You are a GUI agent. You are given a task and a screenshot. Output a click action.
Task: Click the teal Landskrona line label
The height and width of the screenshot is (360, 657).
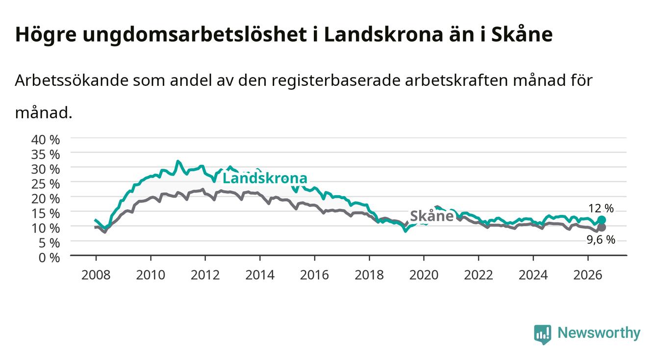coord(265,178)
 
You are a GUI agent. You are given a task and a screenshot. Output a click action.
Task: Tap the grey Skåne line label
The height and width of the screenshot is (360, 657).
coord(431,216)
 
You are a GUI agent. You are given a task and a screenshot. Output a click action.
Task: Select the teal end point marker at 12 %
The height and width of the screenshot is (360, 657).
coord(602,220)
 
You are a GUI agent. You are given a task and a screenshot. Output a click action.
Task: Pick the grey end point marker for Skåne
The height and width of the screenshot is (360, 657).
coord(602,228)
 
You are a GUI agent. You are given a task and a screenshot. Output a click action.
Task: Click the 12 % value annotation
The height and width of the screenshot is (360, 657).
coord(601,208)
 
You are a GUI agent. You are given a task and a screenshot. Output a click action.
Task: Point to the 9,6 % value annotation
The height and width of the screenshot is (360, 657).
coord(601,240)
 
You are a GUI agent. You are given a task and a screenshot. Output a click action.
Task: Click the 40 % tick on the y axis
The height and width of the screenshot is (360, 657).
coord(46,140)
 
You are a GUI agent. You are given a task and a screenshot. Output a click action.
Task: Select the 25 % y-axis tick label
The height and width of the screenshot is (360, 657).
coord(46,184)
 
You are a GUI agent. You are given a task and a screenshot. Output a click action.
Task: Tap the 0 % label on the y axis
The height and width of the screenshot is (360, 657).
coord(49,257)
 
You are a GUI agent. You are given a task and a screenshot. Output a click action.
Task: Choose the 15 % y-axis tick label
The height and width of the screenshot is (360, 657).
coord(46,213)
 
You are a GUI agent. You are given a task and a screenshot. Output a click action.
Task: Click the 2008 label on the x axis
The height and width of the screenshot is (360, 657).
coord(96,275)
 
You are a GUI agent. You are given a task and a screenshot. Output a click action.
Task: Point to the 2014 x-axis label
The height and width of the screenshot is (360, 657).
coord(260,275)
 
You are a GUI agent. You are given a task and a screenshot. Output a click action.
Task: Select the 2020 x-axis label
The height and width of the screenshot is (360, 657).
coord(424,275)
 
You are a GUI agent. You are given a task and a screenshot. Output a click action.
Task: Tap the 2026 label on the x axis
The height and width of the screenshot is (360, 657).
coord(588,275)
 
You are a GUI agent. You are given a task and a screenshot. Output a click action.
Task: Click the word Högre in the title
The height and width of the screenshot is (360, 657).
coord(46,35)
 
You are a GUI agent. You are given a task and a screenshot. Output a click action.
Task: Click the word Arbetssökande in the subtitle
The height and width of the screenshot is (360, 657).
coord(72,80)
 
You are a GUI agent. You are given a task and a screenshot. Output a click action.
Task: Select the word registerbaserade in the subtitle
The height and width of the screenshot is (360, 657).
coord(336,81)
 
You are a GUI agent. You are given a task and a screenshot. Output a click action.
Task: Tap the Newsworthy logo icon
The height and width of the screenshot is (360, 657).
coord(543,334)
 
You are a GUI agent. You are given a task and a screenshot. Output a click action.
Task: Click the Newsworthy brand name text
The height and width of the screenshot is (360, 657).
coord(599,334)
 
